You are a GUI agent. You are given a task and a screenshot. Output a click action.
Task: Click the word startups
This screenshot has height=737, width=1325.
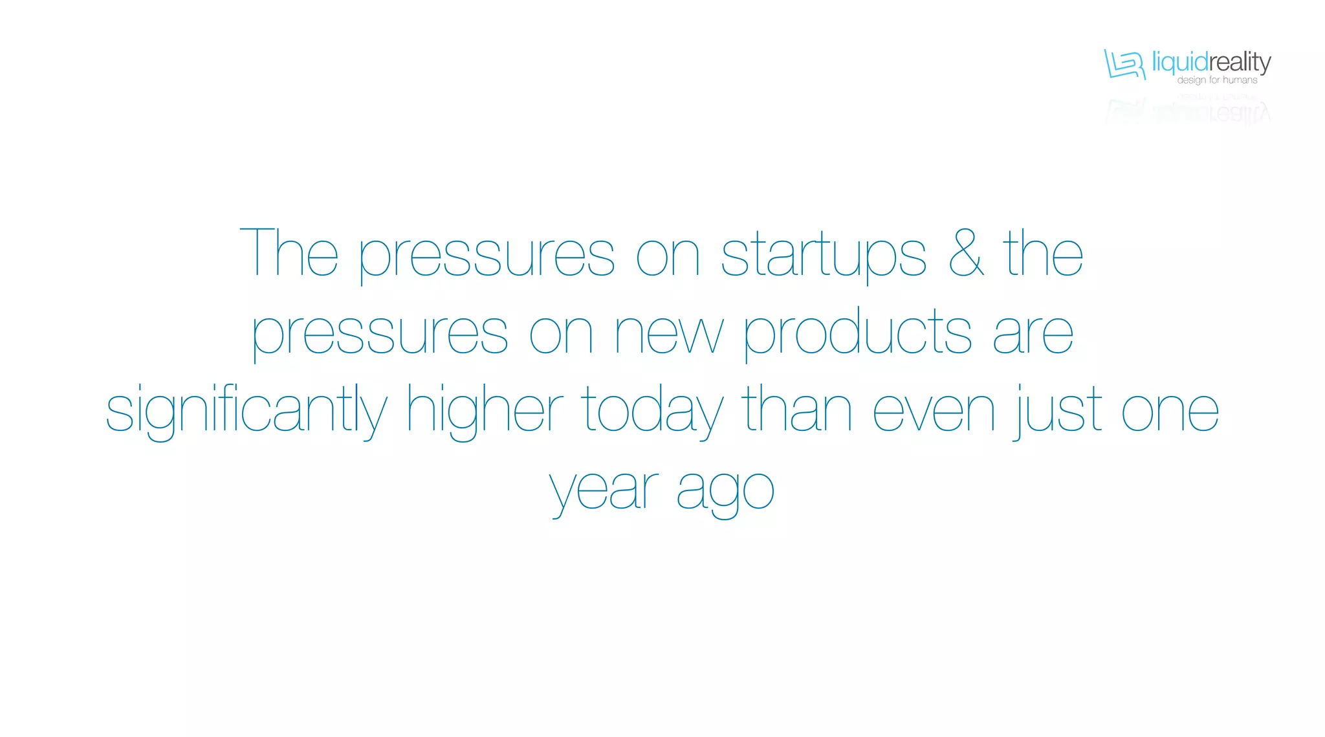[x=823, y=256]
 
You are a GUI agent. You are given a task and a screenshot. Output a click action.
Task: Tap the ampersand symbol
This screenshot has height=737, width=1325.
[x=967, y=254]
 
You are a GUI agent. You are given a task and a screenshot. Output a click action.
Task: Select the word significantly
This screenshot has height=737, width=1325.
[x=246, y=411]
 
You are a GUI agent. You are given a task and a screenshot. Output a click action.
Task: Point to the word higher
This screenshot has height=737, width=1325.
[x=485, y=411]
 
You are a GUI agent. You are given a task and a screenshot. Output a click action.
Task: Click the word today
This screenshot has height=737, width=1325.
[x=652, y=411]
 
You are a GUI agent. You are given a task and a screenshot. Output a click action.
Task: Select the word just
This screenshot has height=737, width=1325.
[x=1058, y=411]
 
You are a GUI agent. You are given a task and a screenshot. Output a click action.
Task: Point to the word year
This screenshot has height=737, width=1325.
[x=604, y=490]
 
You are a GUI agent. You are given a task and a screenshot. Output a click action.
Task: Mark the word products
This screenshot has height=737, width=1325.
[x=857, y=333]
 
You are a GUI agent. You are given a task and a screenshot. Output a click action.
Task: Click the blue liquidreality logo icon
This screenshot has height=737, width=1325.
[x=1124, y=64]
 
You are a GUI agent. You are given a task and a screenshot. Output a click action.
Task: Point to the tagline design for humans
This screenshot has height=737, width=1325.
[x=1217, y=80]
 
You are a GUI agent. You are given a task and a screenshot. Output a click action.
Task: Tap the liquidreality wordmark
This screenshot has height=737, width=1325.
[x=1211, y=63]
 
